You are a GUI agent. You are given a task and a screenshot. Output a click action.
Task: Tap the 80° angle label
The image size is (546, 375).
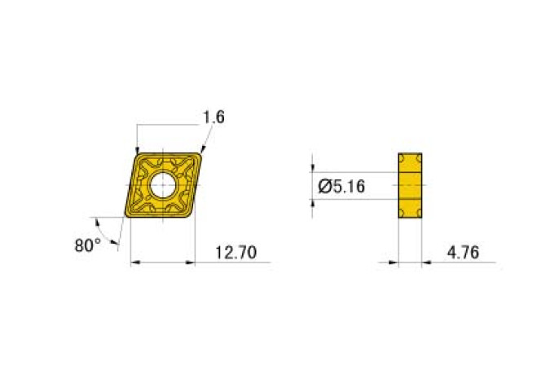tap(88, 245)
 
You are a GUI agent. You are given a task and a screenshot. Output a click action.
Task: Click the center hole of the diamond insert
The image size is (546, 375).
tap(163, 183)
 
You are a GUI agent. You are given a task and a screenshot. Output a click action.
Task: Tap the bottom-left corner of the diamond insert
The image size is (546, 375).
tap(127, 217)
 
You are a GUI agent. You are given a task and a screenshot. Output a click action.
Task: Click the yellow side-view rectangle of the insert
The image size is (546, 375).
tap(411, 185)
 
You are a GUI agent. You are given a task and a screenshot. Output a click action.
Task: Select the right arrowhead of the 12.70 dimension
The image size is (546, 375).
tap(195, 262)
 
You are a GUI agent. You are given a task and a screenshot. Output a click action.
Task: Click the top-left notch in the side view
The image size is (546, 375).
tap(401, 157)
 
